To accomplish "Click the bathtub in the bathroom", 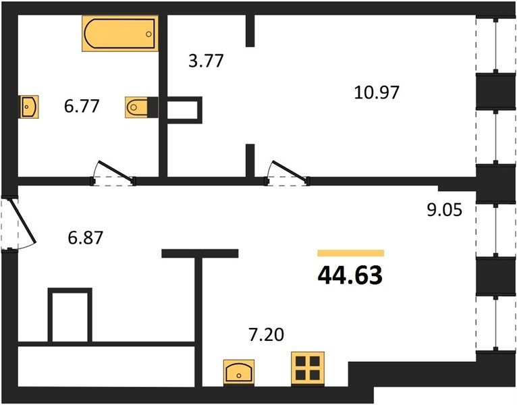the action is pyautogui.click(x=120, y=33).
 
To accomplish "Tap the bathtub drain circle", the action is pyautogui.click(x=148, y=34).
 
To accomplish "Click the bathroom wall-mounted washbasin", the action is pyautogui.click(x=29, y=107).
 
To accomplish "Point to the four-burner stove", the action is pyautogui.click(x=308, y=369).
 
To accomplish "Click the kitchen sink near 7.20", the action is pyautogui.click(x=239, y=372).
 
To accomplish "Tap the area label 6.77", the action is pyautogui.click(x=82, y=107).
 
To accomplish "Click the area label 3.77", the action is pyautogui.click(x=206, y=61).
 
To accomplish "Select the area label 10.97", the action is pyautogui.click(x=377, y=92).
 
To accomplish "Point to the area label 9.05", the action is pyautogui.click(x=445, y=209).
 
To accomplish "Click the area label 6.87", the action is pyautogui.click(x=86, y=238).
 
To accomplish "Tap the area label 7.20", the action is pyautogui.click(x=266, y=335).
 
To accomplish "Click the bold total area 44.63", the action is pyautogui.click(x=350, y=275).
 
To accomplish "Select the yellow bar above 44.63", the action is pyautogui.click(x=351, y=253).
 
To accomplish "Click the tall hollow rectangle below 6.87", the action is pyautogui.click(x=70, y=315).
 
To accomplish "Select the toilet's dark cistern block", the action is pyautogui.click(x=153, y=107).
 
